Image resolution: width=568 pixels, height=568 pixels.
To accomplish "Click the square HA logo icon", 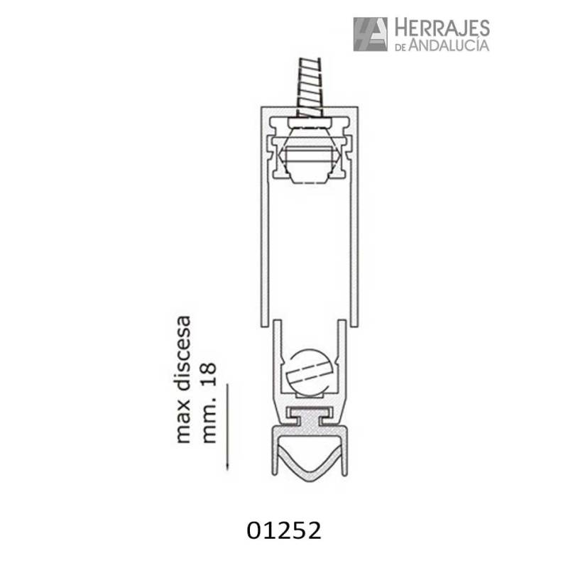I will [x=370, y=34].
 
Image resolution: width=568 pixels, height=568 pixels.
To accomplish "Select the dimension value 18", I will [x=209, y=374].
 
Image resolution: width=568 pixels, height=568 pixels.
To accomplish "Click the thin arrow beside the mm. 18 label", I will [x=227, y=426].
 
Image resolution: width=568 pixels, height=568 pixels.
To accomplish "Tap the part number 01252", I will [x=285, y=529].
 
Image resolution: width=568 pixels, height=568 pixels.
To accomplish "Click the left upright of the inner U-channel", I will [x=276, y=355].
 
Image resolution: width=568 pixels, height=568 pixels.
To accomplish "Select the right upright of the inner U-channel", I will [x=344, y=355].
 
